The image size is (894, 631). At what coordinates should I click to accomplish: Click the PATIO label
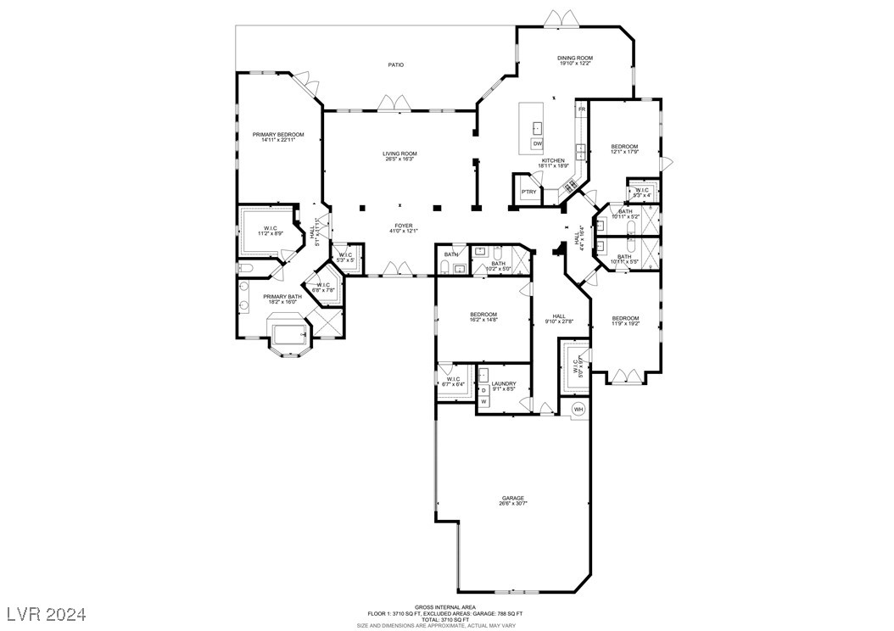coord(395,64)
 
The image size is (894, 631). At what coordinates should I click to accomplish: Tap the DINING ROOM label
coord(574,58)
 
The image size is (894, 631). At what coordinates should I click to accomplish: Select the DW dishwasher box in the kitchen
coord(537,143)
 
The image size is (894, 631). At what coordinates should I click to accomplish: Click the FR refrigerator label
coord(582,109)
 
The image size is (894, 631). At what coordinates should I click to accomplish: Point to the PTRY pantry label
coord(529,192)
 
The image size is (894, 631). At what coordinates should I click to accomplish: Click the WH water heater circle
coord(578,410)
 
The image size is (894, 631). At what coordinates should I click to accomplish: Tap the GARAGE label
coord(512,498)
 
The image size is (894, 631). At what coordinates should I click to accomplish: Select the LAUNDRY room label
coord(504,384)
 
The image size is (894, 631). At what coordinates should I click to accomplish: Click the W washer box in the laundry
coord(483,401)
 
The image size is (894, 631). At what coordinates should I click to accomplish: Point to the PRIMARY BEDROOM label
coord(277,134)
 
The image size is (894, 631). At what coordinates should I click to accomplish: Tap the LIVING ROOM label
coord(400,154)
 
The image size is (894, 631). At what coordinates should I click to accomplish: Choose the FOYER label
coord(400,226)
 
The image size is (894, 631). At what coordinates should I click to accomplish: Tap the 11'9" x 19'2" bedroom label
coord(625,323)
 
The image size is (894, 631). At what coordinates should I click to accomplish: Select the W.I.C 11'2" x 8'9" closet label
coord(271,230)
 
